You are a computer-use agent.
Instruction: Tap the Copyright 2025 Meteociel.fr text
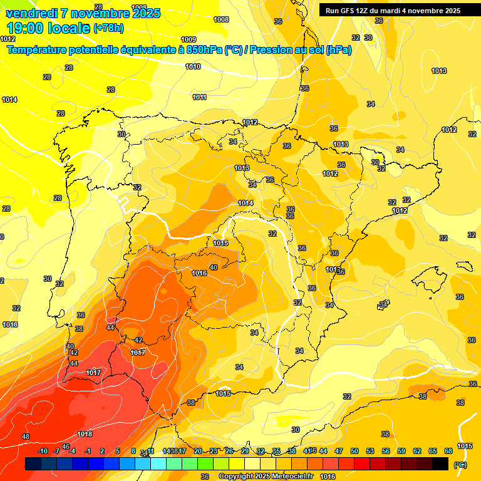pyautogui.click(x=266, y=477)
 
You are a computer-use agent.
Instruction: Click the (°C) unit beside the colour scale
pyautogui.click(x=460, y=464)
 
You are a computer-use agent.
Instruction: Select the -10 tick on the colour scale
pyautogui.click(x=43, y=451)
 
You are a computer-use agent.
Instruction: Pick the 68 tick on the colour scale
pyautogui.click(x=448, y=451)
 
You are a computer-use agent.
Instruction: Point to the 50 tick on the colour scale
pyautogui.click(x=354, y=451)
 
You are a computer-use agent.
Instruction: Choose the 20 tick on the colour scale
pyautogui.click(x=197, y=451)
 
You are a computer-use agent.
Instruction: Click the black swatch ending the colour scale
pyautogui.click(x=440, y=463)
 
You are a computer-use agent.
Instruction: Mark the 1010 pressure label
pyautogui.click(x=193, y=66)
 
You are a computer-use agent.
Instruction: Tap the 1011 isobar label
pyautogui.click(x=200, y=97)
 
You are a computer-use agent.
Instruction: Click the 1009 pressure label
pyautogui.click(x=188, y=39)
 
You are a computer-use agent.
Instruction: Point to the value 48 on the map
pyautogui.click(x=26, y=437)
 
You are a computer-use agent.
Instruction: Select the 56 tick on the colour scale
pyautogui.click(x=386, y=451)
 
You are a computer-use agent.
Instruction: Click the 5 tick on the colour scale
pyautogui.click(x=118, y=451)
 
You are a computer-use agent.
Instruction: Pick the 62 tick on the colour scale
pyautogui.click(x=417, y=451)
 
